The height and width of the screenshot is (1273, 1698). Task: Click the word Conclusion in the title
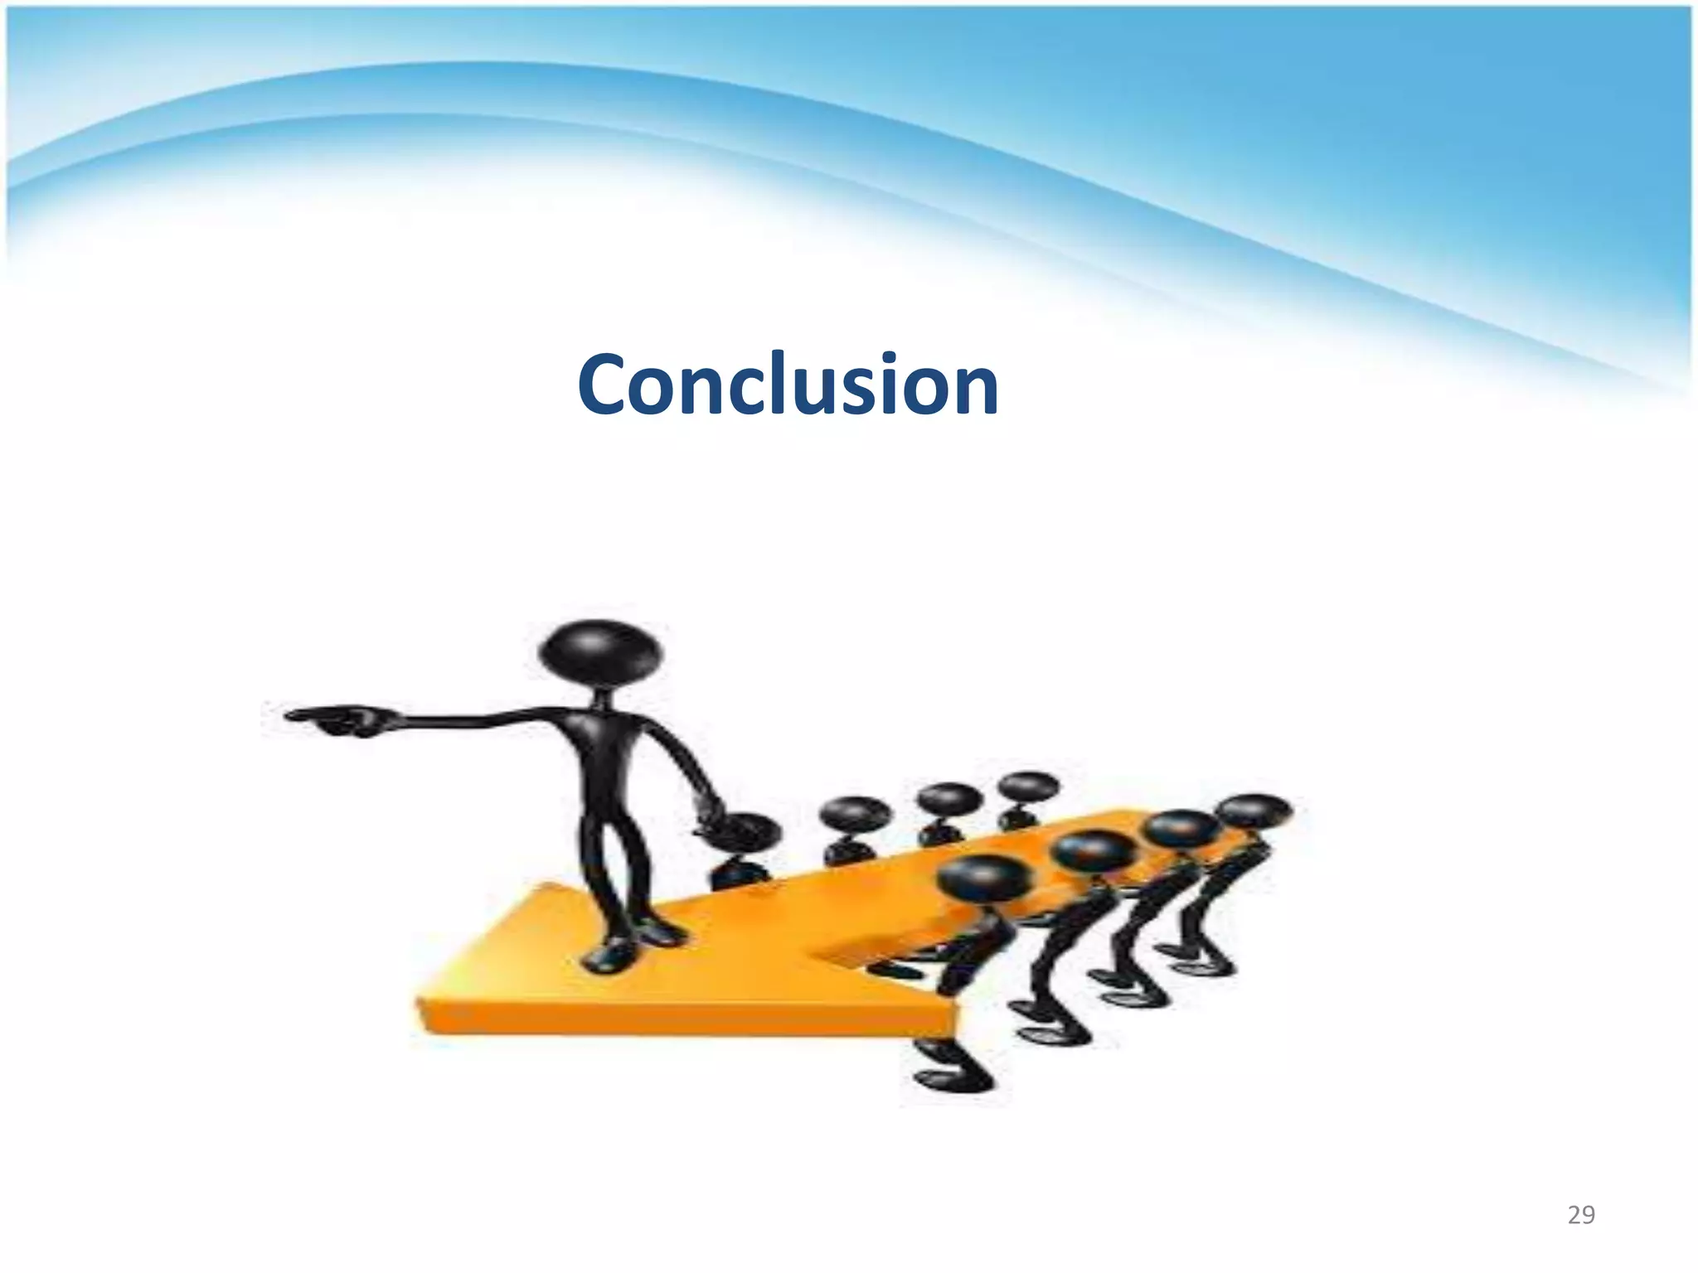788,385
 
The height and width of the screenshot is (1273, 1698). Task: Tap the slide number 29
1581,1215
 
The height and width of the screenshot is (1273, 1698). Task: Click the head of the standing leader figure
600,652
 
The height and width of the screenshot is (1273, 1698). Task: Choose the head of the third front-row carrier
1181,829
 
